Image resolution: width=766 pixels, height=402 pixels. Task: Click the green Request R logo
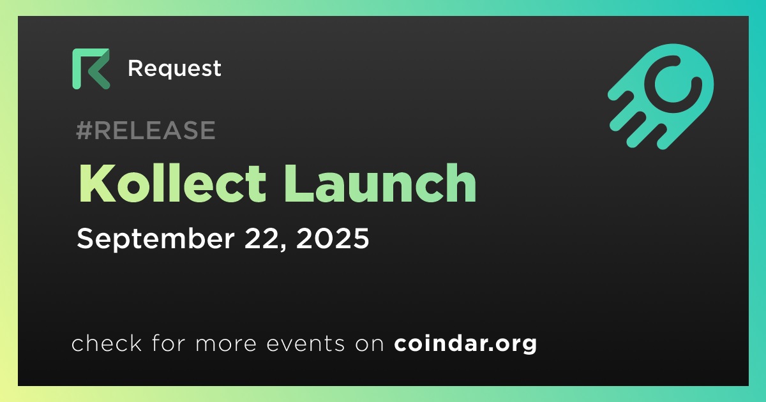(x=91, y=69)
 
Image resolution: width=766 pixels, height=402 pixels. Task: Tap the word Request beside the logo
(x=174, y=69)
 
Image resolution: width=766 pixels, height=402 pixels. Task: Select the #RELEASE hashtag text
(x=146, y=130)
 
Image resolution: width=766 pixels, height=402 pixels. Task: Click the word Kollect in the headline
(x=172, y=183)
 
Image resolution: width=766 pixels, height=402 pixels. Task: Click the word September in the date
(x=156, y=239)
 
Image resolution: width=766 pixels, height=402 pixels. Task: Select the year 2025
(x=333, y=238)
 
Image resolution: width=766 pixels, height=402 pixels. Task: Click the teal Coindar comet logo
(x=661, y=96)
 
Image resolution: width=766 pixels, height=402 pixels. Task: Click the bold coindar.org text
(x=465, y=344)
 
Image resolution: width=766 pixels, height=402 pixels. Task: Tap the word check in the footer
(x=107, y=343)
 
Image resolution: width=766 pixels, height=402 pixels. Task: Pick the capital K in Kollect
(x=96, y=183)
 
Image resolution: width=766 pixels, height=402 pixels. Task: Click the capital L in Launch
(x=299, y=183)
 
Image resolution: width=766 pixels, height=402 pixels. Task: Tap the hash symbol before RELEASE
(x=84, y=130)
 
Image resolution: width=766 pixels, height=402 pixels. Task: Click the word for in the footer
(x=169, y=343)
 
